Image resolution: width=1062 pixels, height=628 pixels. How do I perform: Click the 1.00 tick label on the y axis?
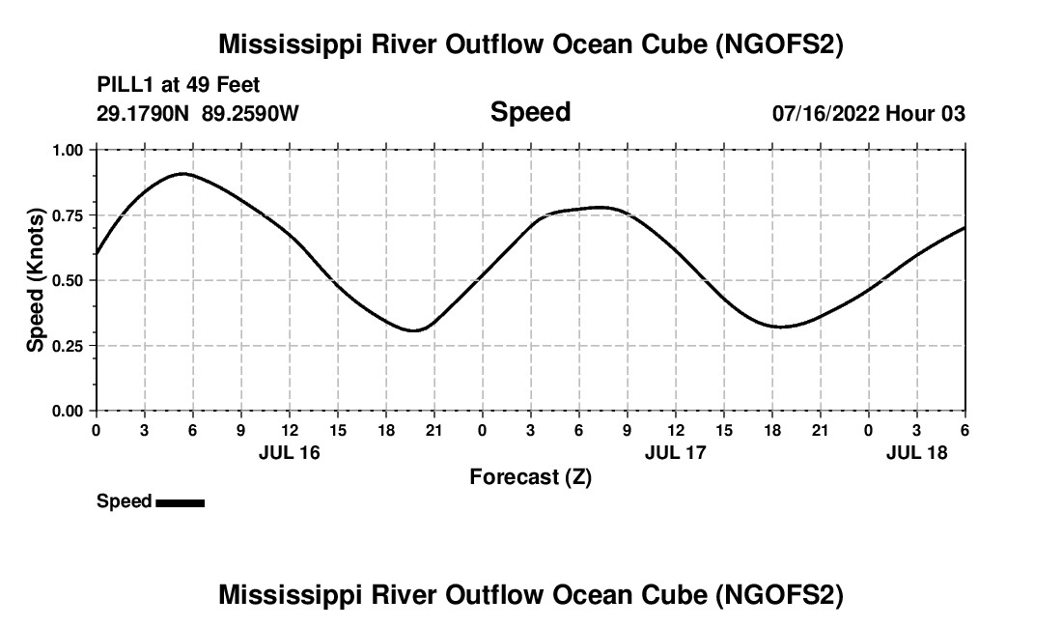pos(68,151)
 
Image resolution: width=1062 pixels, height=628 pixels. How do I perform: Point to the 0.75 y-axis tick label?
pos(68,215)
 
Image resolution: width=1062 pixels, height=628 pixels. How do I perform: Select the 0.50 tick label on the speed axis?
pos(68,280)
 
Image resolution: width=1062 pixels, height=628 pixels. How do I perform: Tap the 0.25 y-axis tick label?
pos(68,346)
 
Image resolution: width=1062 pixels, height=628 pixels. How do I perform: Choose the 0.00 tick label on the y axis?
pos(68,411)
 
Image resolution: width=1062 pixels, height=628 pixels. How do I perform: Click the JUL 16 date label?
pos(289,452)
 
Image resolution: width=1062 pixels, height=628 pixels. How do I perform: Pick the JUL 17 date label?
pos(676,452)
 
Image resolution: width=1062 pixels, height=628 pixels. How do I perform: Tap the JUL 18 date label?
pos(917,452)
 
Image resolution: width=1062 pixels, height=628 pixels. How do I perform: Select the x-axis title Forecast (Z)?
pos(530,476)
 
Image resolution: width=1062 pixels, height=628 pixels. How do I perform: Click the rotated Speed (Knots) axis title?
pos(36,280)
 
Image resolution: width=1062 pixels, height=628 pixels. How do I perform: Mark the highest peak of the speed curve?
pos(182,174)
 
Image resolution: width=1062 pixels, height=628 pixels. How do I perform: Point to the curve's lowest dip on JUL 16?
pos(414,330)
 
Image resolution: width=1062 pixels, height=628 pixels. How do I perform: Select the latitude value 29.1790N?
pos(144,113)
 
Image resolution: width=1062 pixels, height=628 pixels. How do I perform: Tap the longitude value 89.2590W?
pos(250,113)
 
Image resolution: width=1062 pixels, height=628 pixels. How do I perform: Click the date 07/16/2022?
pos(825,113)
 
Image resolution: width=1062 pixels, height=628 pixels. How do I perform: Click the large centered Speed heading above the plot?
pos(530,112)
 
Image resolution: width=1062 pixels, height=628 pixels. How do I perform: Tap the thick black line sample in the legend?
pos(180,502)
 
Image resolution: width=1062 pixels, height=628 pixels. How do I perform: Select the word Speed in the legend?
pos(124,501)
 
